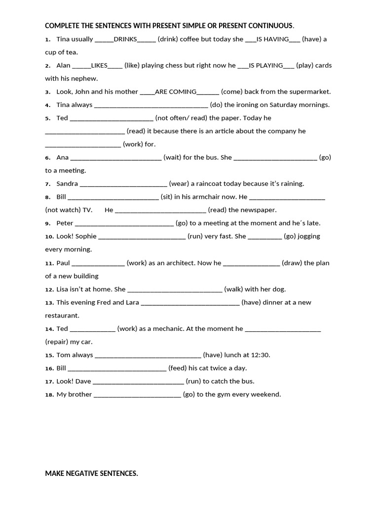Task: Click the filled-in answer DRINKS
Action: pos(125,39)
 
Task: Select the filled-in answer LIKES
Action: pos(99,65)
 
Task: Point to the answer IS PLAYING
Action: pos(266,65)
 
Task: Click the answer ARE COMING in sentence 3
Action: pos(176,92)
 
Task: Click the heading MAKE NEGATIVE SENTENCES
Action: pos(91,473)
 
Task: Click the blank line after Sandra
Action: pos(123,184)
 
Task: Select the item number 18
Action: pos(49,395)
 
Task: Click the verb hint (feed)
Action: pos(177,368)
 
